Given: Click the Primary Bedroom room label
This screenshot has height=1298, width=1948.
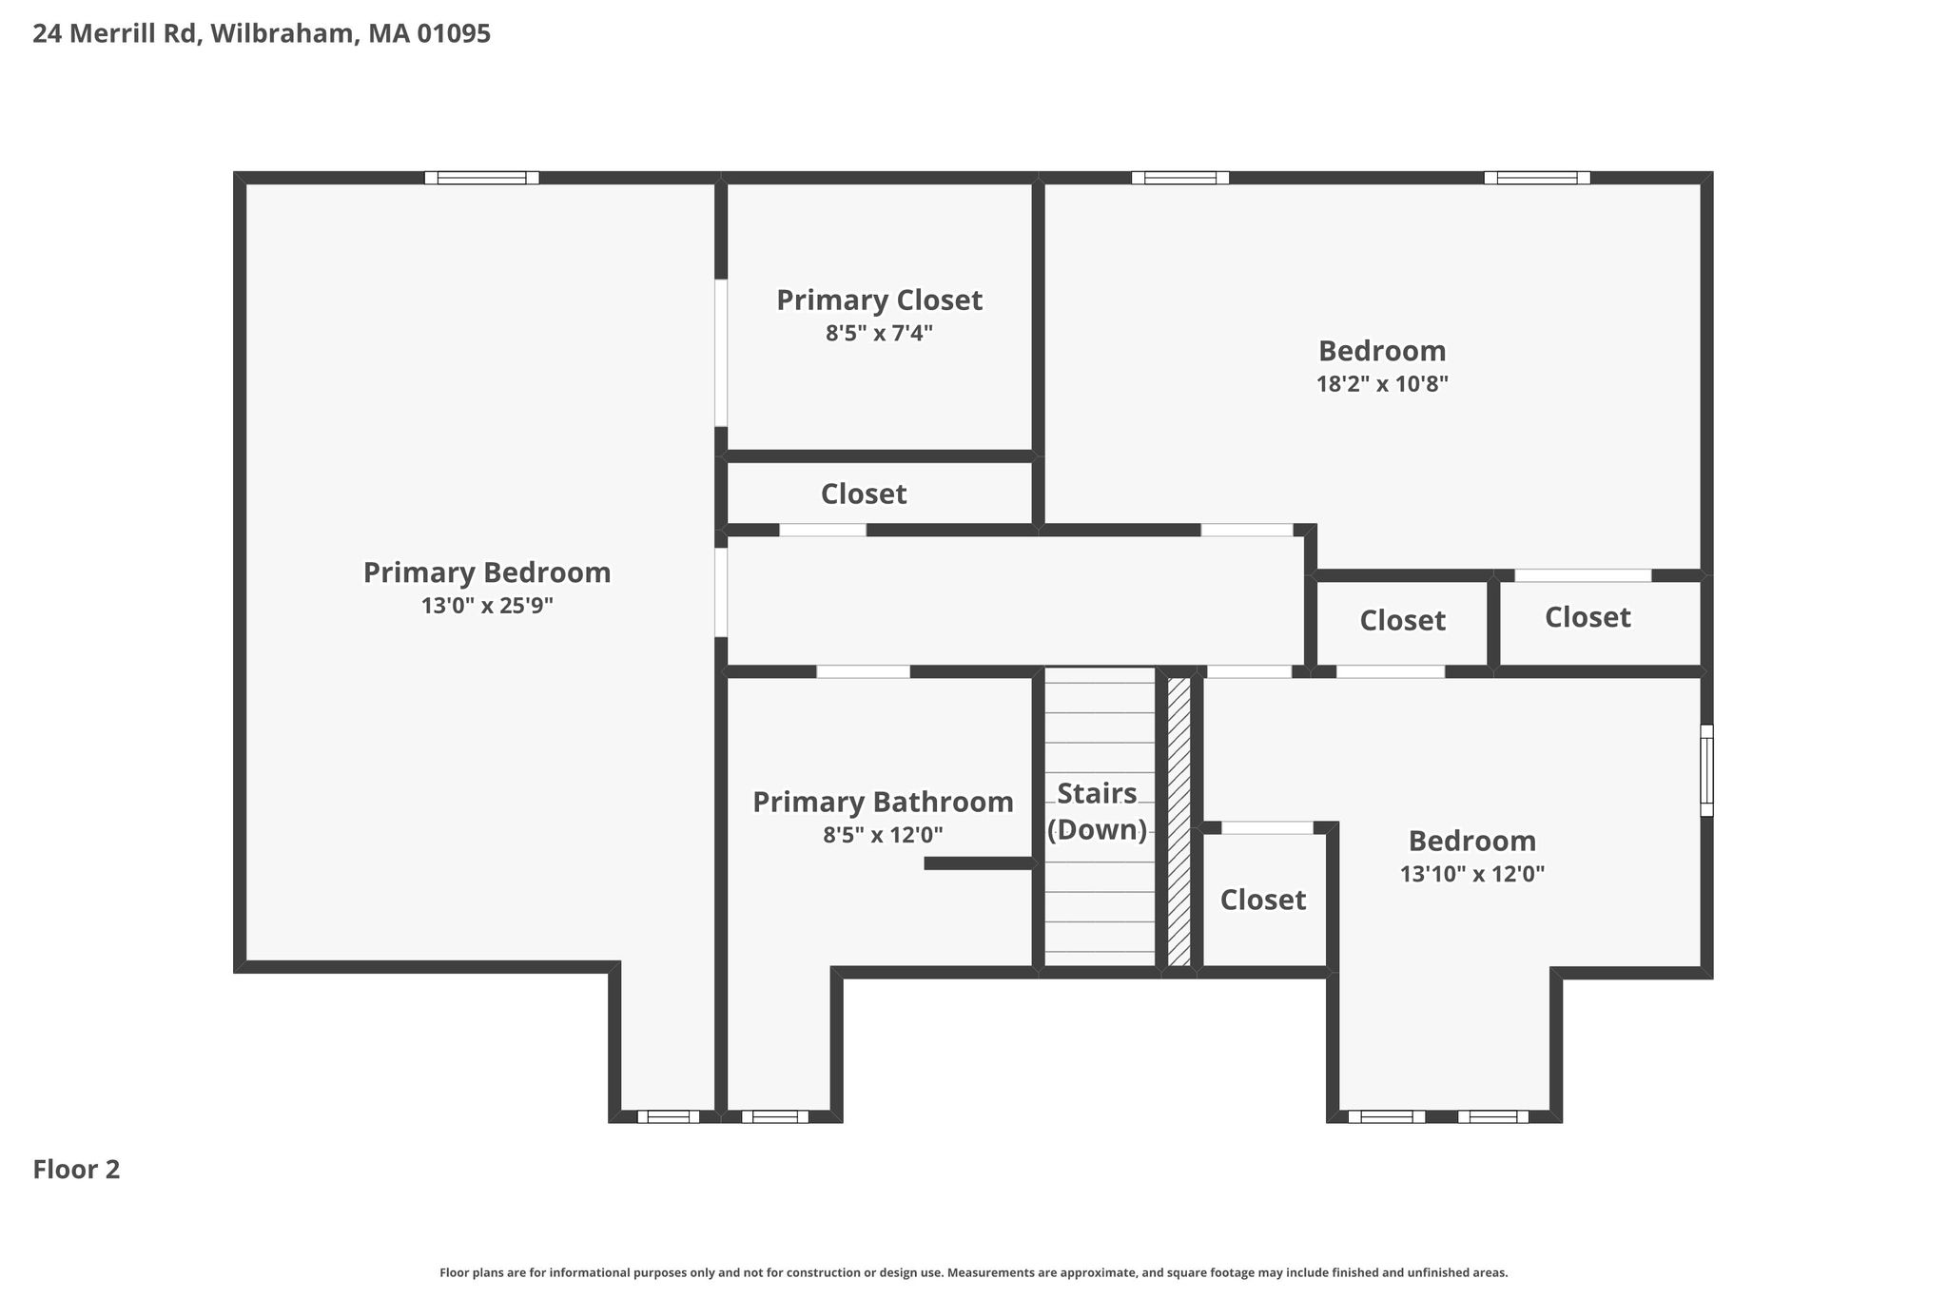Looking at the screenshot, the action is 487,572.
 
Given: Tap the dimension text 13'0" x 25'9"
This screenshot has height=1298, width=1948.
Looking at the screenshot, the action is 487,606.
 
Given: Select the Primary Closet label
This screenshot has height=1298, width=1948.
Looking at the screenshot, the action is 879,300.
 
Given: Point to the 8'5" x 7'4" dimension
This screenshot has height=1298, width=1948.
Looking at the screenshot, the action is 879,334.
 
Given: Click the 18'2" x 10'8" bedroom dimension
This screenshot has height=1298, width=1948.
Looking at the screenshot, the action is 1382,384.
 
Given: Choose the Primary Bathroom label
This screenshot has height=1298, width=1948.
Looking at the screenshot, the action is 883,803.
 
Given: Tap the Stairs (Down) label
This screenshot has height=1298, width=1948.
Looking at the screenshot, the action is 1098,811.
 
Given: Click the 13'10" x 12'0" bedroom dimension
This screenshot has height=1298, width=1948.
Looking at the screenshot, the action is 1472,874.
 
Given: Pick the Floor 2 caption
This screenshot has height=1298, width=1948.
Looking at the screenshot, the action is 76,1170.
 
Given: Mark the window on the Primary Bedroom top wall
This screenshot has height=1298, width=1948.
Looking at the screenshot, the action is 481,178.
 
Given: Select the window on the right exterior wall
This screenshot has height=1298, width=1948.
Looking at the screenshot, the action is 1706,770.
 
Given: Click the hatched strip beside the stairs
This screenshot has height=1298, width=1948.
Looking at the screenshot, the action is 1179,822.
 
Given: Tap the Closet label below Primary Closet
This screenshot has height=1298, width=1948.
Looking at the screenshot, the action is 864,494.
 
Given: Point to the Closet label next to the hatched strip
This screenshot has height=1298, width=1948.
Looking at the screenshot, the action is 1263,900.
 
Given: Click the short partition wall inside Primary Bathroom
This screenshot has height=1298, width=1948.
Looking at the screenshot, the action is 979,863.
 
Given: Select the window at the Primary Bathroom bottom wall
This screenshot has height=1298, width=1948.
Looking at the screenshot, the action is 775,1116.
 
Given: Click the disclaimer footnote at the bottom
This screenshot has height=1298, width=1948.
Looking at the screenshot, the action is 974,1272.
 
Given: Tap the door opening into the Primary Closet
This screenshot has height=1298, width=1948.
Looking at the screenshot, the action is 721,353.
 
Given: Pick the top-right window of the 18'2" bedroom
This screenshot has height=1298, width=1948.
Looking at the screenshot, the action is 1537,178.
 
